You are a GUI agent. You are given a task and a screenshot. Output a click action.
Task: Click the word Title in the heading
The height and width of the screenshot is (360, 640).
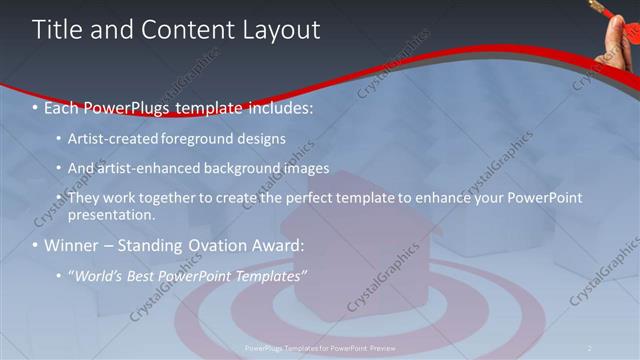tap(56, 30)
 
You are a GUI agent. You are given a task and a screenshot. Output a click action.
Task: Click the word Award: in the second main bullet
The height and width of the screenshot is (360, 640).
tap(281, 245)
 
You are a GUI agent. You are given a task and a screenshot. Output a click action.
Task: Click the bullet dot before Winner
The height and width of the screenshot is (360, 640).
tap(35, 246)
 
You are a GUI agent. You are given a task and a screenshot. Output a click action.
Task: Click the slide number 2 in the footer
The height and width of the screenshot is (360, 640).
tap(590, 348)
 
